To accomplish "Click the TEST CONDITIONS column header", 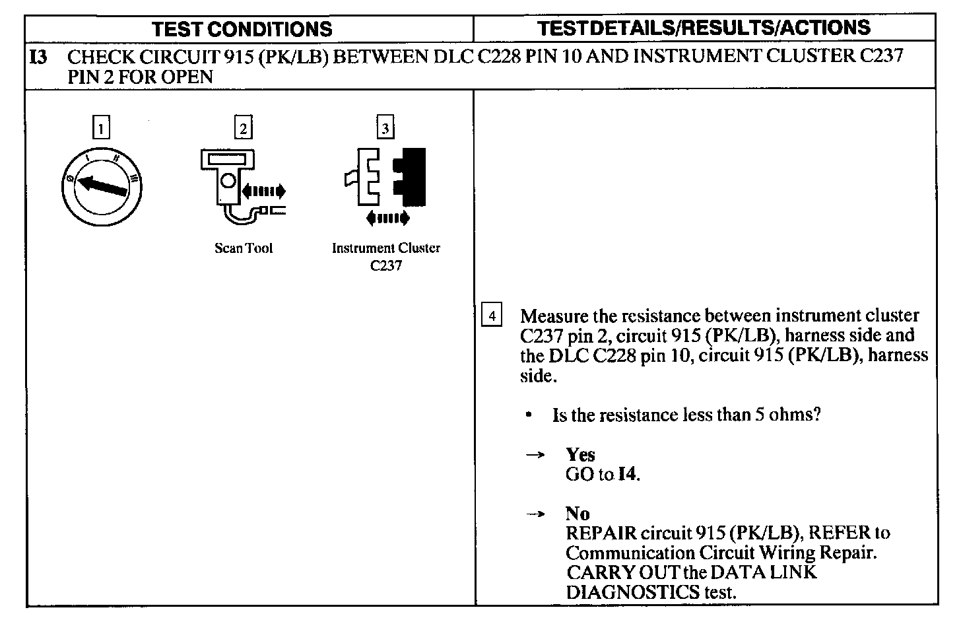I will coord(242,29).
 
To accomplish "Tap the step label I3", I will coord(39,57).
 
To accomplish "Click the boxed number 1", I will coord(100,127).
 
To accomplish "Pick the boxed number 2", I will coord(243,127).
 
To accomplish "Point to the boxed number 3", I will coord(385,127).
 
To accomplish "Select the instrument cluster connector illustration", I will coord(385,178).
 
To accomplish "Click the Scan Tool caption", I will coord(243,249).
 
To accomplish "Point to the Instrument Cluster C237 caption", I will coord(385,257).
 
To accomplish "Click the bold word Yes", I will coord(580,455).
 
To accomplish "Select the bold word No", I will coord(578,513).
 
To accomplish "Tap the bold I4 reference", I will coord(628,474).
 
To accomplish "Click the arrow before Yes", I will coord(538,455).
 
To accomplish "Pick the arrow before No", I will coord(538,514).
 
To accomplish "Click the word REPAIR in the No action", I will coord(601,533).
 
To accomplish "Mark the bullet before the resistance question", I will coord(529,415).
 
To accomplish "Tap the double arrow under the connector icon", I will coord(387,217).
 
